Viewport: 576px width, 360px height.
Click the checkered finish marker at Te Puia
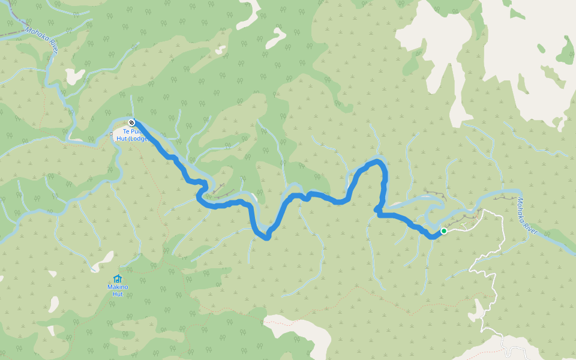(x=131, y=123)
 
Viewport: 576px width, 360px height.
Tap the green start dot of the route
(x=443, y=231)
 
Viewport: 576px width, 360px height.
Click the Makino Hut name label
(x=117, y=290)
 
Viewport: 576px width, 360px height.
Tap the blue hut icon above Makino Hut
(x=117, y=278)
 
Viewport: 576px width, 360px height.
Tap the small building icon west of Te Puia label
(x=115, y=133)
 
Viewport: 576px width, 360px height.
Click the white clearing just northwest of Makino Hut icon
(x=103, y=259)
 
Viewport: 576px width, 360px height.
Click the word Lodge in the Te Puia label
(x=138, y=139)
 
